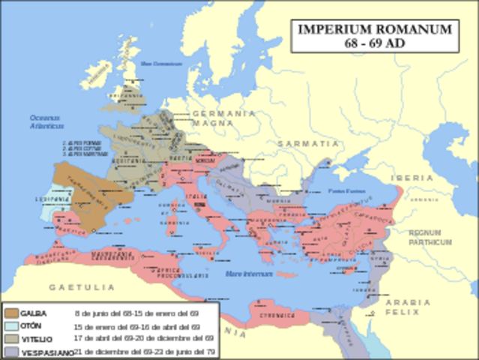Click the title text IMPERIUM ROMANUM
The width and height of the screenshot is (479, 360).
click(375, 29)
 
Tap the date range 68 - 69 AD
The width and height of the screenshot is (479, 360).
click(375, 43)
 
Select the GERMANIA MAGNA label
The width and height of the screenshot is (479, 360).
click(223, 117)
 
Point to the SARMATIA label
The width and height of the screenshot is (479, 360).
click(308, 142)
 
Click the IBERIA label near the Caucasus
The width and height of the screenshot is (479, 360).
click(410, 178)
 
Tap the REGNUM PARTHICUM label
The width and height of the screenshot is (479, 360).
click(430, 238)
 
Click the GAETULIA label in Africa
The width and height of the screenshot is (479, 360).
click(82, 287)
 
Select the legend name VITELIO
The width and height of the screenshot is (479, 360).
click(35, 339)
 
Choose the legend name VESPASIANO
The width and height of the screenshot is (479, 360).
click(41, 352)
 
